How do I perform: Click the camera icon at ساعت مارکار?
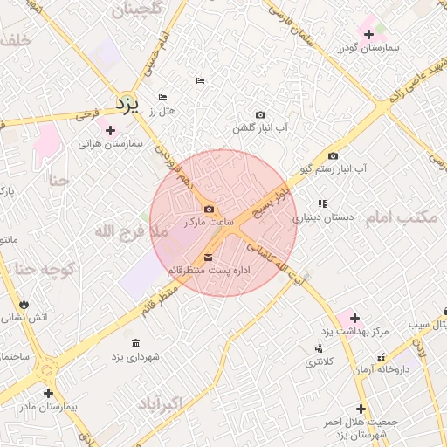point(209,209)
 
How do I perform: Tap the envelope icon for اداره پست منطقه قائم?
point(208,257)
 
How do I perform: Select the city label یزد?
point(127,105)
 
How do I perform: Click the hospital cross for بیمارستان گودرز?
point(370,35)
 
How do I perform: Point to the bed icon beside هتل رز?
point(162,97)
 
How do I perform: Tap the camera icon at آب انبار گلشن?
point(260,114)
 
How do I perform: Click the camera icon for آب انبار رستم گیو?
point(333,156)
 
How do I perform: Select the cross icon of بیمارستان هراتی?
point(110,130)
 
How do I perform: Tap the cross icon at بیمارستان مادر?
point(48,394)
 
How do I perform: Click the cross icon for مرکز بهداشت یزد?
point(354,317)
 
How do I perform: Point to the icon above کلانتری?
point(316,348)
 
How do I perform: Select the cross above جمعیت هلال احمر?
point(361,409)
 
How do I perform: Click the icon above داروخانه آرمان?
point(382,357)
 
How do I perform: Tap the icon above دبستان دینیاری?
point(322,203)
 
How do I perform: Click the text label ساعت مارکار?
point(210,223)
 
